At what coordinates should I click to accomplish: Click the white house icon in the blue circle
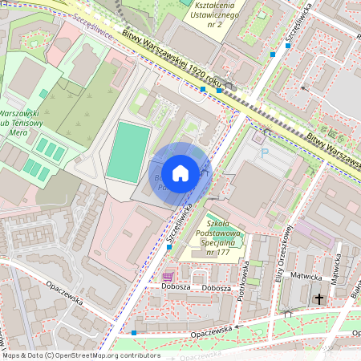(180, 172)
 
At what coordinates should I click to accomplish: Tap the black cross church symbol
(319, 298)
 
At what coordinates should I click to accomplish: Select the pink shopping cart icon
(167, 276)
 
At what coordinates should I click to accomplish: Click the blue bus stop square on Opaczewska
(134, 332)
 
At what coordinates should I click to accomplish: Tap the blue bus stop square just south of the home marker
(168, 247)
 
